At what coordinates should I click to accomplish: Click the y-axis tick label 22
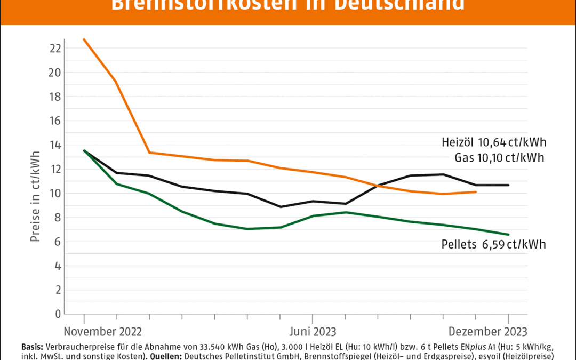click(x=55, y=49)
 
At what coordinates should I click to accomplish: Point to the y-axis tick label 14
click(x=55, y=145)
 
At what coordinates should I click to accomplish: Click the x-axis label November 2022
click(x=103, y=332)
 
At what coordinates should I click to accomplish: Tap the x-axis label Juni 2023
click(x=313, y=332)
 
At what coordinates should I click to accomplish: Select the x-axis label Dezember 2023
click(x=486, y=332)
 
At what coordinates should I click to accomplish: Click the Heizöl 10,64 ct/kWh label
click(x=494, y=143)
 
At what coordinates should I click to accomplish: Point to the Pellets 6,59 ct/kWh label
click(x=494, y=244)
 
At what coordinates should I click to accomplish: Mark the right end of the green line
click(x=508, y=234)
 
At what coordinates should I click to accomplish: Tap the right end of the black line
click(x=508, y=185)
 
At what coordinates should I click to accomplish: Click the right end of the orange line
click(x=475, y=191)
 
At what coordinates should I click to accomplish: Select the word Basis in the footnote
click(x=34, y=346)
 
